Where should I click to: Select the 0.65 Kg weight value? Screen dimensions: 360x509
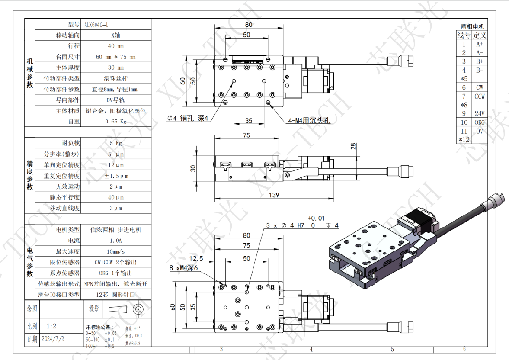[115, 122]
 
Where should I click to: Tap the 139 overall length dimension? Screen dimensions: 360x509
[273, 195]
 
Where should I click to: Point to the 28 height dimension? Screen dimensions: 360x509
[353, 147]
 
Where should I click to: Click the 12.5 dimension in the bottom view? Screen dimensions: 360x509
[196, 258]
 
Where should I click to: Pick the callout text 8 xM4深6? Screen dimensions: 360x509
[183, 268]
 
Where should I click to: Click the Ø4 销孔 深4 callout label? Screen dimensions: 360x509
[189, 118]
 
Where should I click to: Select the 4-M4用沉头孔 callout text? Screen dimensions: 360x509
[309, 121]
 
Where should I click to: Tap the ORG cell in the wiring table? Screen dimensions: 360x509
[479, 122]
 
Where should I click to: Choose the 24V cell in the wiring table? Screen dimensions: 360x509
[479, 114]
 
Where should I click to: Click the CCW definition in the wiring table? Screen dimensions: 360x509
[479, 96]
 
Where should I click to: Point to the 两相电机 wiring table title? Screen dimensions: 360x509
[472, 27]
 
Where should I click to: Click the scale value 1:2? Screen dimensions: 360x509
[51, 326]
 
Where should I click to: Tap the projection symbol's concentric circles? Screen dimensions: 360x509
[139, 309]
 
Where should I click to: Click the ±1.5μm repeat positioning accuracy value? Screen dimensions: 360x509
[115, 176]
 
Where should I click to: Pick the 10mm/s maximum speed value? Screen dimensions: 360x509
[115, 251]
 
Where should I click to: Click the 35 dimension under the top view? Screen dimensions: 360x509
[248, 121]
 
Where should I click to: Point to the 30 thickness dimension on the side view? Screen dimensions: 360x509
[194, 167]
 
